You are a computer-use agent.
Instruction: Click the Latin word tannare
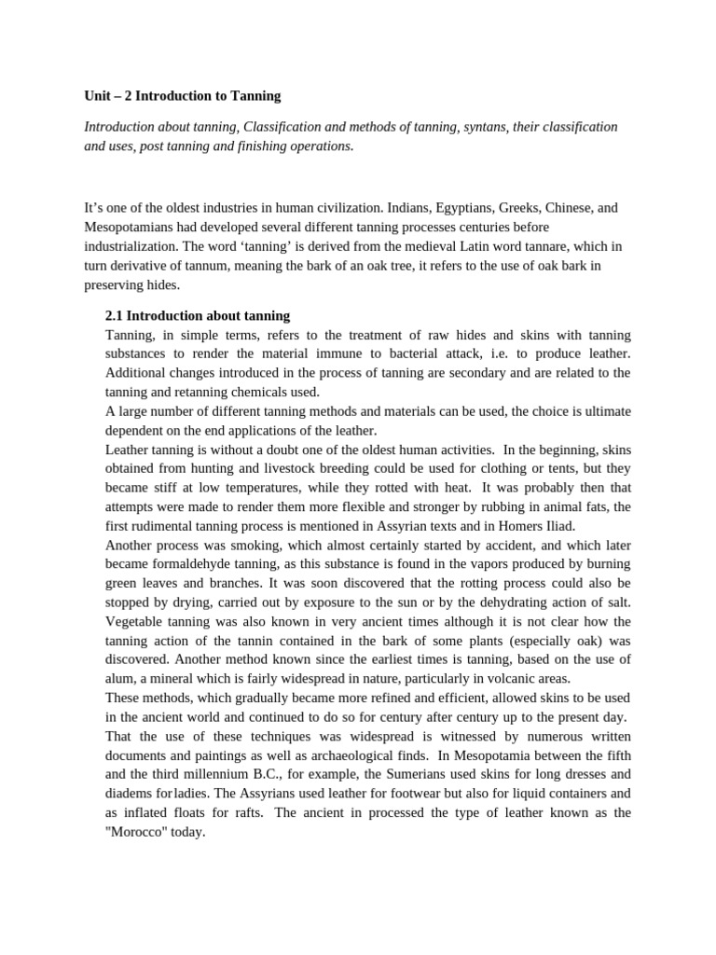click(x=509, y=246)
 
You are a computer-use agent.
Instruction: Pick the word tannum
click(x=213, y=266)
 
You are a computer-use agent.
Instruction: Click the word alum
click(x=121, y=678)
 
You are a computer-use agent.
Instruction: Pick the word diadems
click(x=129, y=794)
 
